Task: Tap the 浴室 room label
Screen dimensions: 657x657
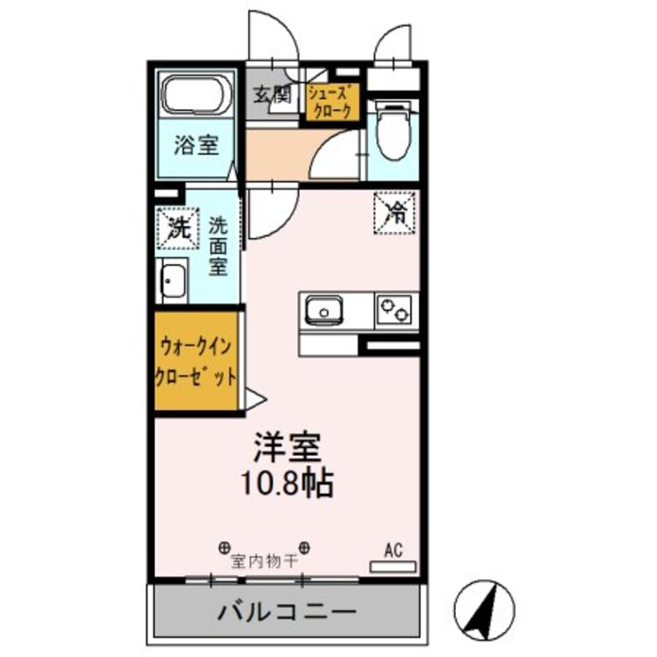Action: [x=196, y=145]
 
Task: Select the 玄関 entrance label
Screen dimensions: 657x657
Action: [x=272, y=96]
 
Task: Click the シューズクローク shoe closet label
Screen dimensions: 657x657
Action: [x=332, y=102]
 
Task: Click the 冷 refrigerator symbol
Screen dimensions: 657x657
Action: [x=396, y=212]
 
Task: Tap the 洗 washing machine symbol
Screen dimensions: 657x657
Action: [x=176, y=228]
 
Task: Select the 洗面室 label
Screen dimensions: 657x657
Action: [x=218, y=246]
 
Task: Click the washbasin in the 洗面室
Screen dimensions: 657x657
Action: [x=173, y=282]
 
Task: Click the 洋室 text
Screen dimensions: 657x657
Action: [x=287, y=449]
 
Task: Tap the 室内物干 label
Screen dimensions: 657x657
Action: [x=264, y=562]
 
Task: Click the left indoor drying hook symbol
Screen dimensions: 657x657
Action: [x=224, y=547]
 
